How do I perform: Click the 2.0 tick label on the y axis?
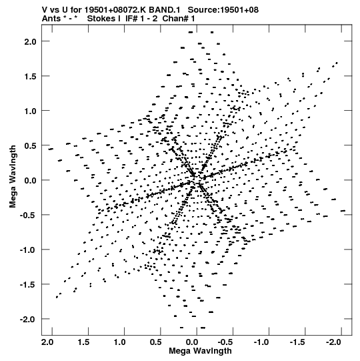click(30, 41)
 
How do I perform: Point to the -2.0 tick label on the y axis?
click(28, 320)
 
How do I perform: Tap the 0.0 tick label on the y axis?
click(30, 180)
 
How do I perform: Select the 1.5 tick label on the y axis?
click(30, 77)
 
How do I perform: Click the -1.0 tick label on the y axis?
click(28, 250)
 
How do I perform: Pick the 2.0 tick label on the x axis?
click(47, 342)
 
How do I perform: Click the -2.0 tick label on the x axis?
click(333, 342)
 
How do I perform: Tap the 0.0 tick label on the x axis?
click(192, 342)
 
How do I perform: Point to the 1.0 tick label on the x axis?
click(119, 342)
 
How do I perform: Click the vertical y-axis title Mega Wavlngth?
click(13, 177)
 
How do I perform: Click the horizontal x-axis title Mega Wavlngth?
click(200, 351)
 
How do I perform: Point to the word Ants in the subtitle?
click(51, 19)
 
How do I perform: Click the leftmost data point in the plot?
click(51, 149)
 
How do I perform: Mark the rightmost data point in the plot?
click(343, 211)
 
